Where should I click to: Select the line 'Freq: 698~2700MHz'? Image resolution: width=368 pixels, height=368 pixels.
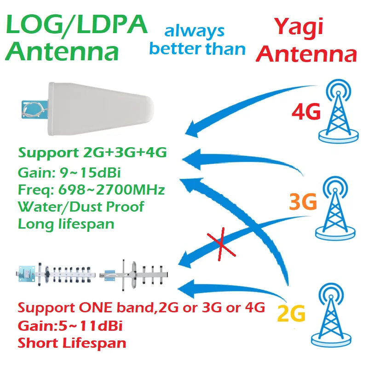tap(91, 190)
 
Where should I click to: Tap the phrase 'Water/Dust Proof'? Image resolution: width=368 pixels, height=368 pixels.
tap(81, 207)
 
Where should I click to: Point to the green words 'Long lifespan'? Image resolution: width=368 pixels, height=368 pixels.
tap(66, 224)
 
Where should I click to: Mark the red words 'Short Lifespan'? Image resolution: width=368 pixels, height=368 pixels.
tap(72, 343)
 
